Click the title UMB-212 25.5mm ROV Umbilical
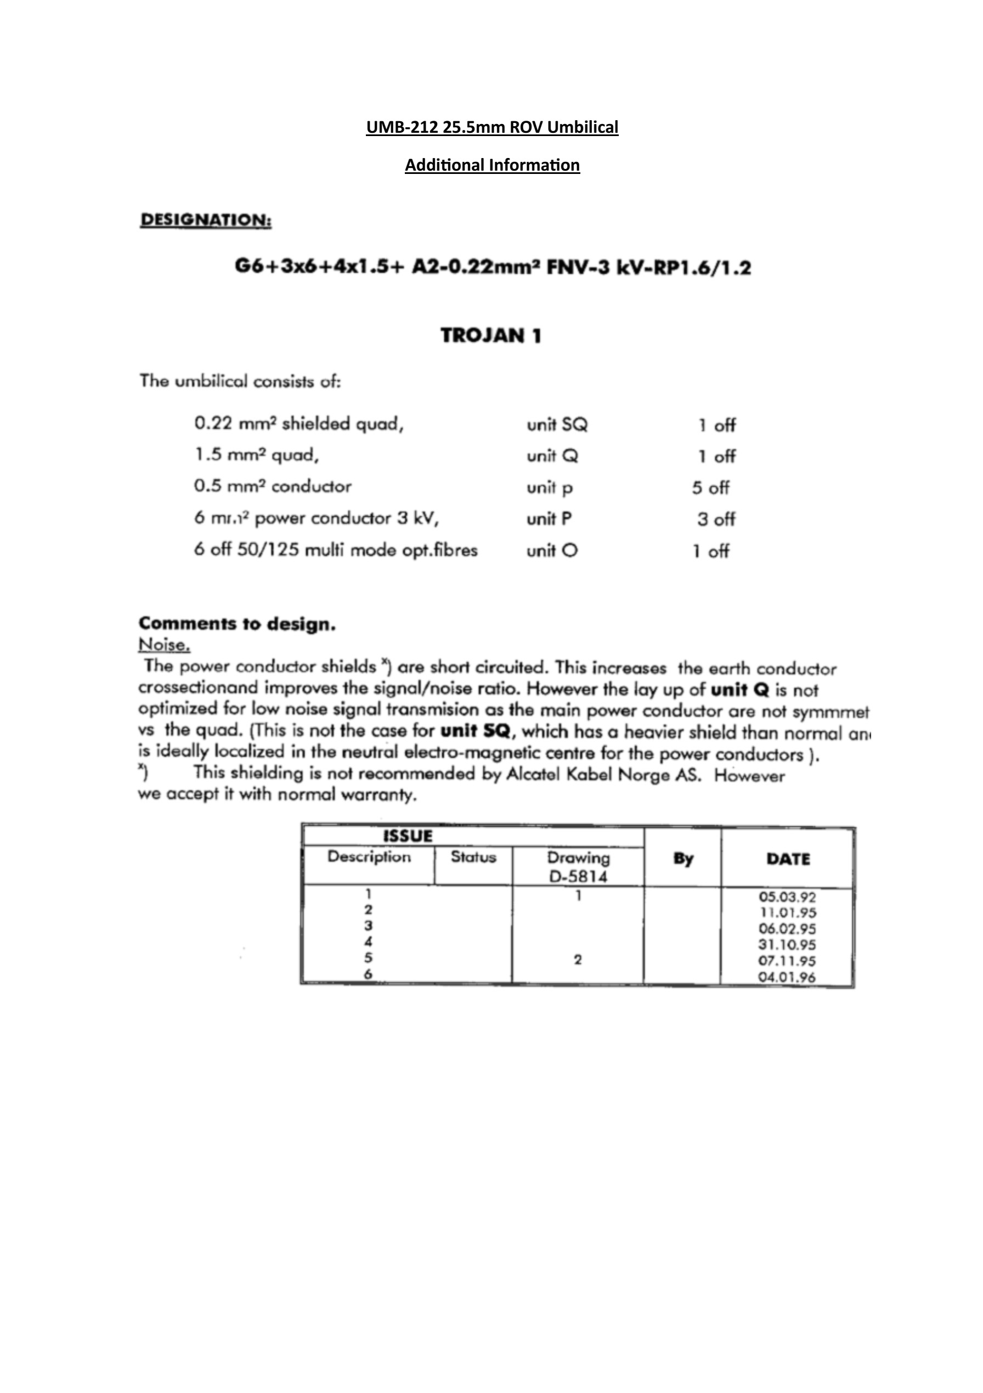(491, 127)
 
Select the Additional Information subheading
(491, 165)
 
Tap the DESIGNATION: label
(206, 219)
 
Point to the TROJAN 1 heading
(491, 336)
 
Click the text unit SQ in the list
(557, 425)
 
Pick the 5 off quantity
(710, 488)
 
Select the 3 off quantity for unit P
(715, 520)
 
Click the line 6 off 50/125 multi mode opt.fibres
(336, 550)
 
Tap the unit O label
(552, 551)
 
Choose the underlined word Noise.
(165, 645)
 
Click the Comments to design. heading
(236, 624)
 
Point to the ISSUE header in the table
(408, 837)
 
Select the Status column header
(473, 858)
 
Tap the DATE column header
(788, 859)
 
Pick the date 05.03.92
(787, 896)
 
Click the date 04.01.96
(787, 977)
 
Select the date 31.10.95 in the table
(787, 945)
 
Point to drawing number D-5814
(578, 876)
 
